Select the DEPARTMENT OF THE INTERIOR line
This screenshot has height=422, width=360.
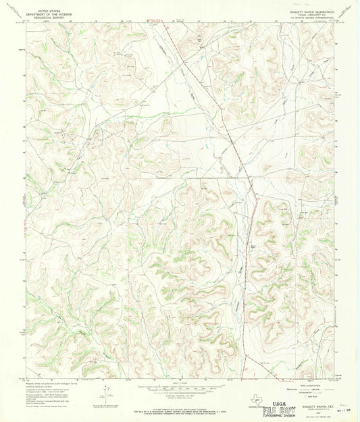point(38,15)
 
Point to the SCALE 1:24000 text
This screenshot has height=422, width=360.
point(180,384)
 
